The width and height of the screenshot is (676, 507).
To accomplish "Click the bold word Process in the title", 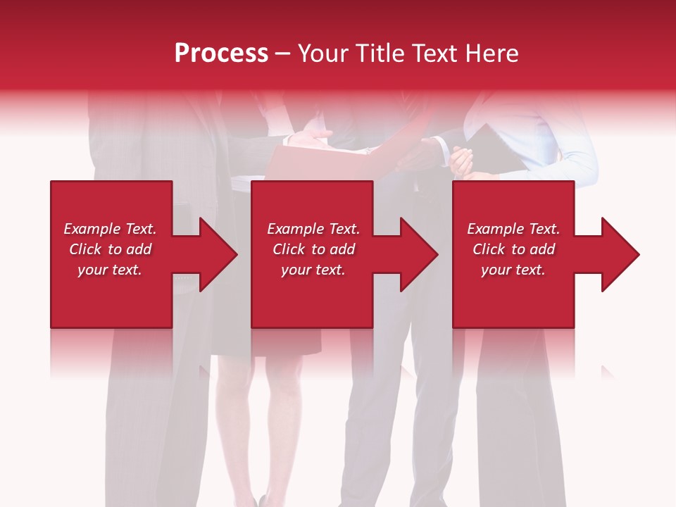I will coord(221,54).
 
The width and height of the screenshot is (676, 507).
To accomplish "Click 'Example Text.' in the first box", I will coord(110,229).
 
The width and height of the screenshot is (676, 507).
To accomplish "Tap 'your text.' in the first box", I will coord(110,270).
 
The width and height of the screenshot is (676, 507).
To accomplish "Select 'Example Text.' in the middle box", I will coord(313,229).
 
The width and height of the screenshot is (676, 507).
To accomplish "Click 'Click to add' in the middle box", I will coord(313,249).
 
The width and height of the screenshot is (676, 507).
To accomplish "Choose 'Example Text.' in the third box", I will coord(513,229).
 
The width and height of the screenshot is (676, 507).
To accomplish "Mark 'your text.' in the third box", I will coord(513,270).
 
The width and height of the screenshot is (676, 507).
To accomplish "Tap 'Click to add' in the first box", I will coord(110,249).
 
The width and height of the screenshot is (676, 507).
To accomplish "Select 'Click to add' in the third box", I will coord(513,249).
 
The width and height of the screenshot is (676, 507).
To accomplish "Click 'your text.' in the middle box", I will coord(313,270).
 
